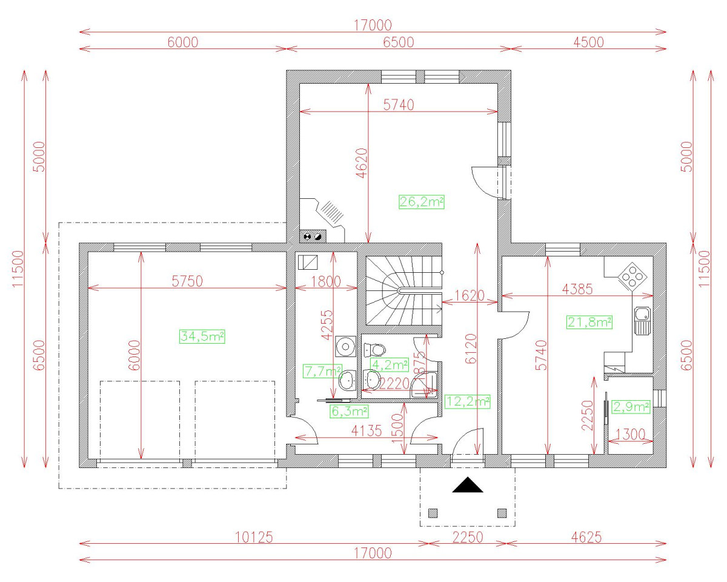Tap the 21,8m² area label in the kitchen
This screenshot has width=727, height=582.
[x=589, y=322]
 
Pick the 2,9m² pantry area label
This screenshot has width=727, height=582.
[x=631, y=407]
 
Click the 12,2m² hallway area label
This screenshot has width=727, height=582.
[x=467, y=401]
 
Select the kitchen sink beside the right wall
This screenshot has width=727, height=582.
[x=642, y=320]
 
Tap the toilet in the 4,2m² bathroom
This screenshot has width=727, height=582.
[x=375, y=350]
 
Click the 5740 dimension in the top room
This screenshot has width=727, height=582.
[x=399, y=104]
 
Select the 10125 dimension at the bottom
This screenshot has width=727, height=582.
[x=254, y=537]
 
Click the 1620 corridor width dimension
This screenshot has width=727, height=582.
[x=470, y=296]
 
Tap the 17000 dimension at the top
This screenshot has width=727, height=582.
[x=373, y=25]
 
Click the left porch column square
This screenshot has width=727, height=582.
[x=433, y=513]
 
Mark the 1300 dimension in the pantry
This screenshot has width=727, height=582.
[x=630, y=434]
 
